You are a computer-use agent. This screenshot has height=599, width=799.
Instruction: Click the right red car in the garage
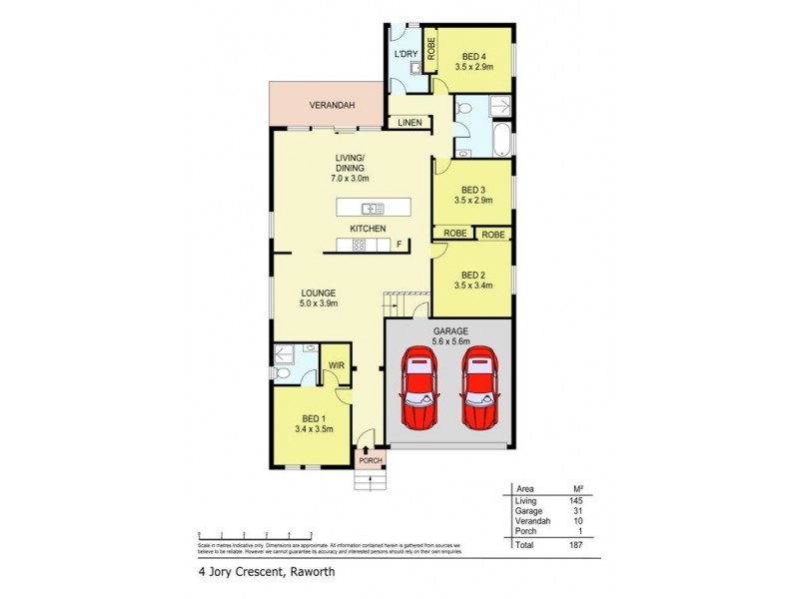(479, 388)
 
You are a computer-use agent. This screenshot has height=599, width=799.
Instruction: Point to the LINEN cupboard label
(409, 123)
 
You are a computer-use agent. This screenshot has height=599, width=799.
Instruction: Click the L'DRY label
(405, 54)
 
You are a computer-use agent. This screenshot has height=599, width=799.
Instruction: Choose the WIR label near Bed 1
(337, 366)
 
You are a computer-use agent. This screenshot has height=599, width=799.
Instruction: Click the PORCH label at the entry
(371, 460)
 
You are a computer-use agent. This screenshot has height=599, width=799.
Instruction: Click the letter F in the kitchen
(399, 245)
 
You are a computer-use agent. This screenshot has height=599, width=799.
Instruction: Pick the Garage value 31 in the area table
(576, 510)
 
